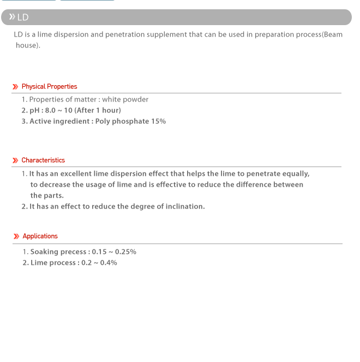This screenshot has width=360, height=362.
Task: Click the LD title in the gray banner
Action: (x=22, y=17)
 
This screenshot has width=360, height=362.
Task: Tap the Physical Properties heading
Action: (x=49, y=86)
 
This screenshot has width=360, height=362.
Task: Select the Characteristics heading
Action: (x=43, y=160)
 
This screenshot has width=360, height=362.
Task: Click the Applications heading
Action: (x=40, y=236)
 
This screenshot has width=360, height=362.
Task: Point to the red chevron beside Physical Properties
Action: (x=15, y=87)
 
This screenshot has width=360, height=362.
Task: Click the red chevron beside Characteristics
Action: (x=15, y=161)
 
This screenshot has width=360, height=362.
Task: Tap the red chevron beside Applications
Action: (x=16, y=236)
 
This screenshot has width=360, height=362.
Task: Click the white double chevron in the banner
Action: (x=11, y=17)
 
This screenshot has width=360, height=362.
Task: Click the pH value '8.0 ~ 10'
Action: (x=58, y=110)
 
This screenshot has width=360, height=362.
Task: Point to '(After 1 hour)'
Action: (x=98, y=110)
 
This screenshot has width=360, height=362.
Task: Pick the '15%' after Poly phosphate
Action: (x=158, y=121)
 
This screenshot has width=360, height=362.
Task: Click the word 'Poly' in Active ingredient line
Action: (x=103, y=121)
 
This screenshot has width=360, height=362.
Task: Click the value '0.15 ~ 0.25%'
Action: (x=114, y=252)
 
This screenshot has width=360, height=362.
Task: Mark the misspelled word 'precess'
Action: (x=73, y=252)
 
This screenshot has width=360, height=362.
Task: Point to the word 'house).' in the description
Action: (x=28, y=45)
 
